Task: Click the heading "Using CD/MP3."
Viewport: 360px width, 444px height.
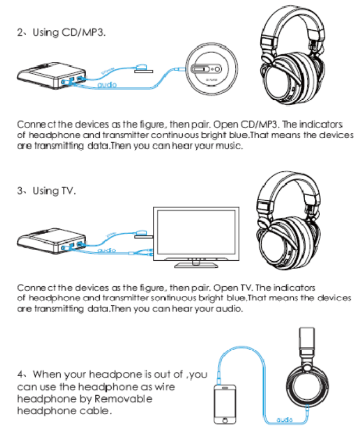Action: click(x=69, y=32)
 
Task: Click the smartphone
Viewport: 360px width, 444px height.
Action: click(x=225, y=404)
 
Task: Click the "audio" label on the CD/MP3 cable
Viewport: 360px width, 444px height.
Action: click(x=107, y=86)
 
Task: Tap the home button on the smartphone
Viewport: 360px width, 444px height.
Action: click(x=225, y=421)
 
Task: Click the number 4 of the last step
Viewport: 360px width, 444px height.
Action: click(x=21, y=375)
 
